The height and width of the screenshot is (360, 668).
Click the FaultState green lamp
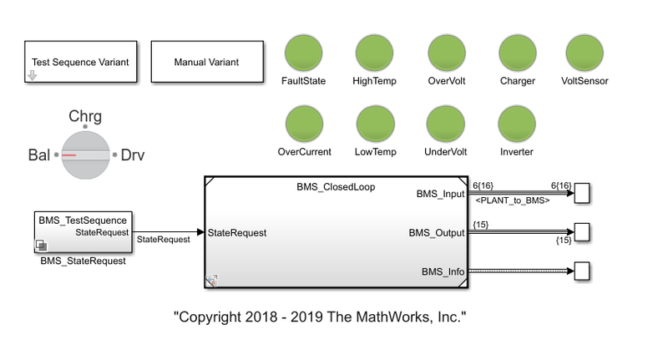(303, 53)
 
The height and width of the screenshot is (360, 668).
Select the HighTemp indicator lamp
(374, 53)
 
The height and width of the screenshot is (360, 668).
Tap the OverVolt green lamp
(445, 53)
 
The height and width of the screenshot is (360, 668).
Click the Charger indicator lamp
(516, 53)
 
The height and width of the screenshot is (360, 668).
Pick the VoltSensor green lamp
(584, 53)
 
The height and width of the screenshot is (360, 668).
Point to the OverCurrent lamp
(303, 124)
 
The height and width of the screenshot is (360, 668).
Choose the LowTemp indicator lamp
(374, 124)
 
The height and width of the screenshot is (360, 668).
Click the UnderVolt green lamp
(445, 124)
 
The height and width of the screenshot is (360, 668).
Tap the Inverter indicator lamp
(516, 124)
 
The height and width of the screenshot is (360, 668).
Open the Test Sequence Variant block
(80, 62)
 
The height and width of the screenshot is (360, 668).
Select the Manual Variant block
(206, 62)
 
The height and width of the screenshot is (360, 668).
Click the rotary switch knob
(85, 155)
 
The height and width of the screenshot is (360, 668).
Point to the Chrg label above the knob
(85, 116)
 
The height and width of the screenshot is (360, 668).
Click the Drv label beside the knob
(133, 155)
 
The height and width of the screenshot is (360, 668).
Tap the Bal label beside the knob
(39, 155)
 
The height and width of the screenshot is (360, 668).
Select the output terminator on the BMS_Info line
(583, 271)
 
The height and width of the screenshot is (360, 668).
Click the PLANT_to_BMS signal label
(512, 201)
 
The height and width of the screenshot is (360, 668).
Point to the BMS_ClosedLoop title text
(336, 187)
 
